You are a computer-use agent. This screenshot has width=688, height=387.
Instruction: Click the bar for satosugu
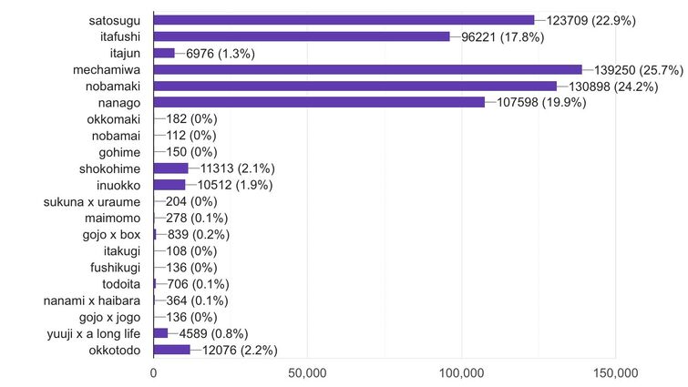344,20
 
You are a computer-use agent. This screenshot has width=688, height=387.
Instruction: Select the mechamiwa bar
367,69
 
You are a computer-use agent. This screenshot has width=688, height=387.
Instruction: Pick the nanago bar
319,102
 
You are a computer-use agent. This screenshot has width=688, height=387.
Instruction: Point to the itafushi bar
302,36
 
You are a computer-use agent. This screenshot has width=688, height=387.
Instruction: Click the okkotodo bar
171,350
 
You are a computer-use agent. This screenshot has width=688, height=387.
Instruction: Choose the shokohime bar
170,168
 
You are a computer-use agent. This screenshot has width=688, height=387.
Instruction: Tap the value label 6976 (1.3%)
221,53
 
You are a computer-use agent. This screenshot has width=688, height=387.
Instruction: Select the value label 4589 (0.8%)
208,333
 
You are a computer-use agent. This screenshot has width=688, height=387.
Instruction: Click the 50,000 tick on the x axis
307,372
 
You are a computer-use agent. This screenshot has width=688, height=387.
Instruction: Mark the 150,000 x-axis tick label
615,372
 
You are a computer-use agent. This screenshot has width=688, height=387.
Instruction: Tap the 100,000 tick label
461,372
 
